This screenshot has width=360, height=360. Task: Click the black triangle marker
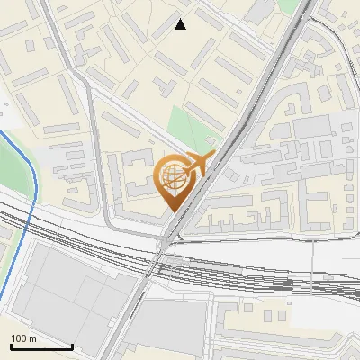pyautogui.click(x=181, y=25)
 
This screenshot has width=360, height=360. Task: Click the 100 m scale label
pyautogui.click(x=23, y=338)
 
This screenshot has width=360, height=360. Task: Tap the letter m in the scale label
pyautogui.click(x=32, y=338)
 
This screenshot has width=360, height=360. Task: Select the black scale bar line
pyautogui.click(x=42, y=346)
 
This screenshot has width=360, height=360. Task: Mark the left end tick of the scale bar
pyautogui.click(x=12, y=345)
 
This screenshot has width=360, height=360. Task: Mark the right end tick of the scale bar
pyautogui.click(x=73, y=345)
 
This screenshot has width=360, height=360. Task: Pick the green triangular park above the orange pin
pyautogui.click(x=189, y=126)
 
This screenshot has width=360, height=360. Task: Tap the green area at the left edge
pyautogui.click(x=11, y=166)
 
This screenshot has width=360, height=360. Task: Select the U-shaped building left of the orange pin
pyautogui.click(x=135, y=175)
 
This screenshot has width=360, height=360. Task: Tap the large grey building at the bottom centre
pyautogui.click(x=171, y=328)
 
